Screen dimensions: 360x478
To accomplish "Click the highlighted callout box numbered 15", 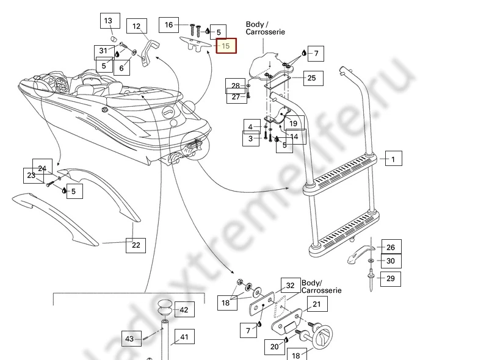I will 226,46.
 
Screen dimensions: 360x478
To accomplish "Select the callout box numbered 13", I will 108,21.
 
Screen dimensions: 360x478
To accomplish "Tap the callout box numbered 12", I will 137,26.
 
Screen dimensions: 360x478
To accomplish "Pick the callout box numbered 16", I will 168,25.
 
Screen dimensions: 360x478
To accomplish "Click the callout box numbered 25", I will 311,78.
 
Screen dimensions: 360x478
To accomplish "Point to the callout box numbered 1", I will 393,160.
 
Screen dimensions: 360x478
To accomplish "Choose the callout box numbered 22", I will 136,245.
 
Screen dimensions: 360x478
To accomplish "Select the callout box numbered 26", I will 391,248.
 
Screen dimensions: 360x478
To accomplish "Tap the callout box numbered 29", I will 391,279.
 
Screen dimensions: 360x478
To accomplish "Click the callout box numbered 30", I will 391,261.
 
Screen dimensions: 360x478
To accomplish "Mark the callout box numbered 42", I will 183,309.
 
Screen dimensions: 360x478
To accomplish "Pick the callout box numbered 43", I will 129,339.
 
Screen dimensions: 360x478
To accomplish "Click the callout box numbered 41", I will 184,337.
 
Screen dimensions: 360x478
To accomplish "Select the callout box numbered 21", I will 316,304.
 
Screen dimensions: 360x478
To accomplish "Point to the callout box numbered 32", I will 290,286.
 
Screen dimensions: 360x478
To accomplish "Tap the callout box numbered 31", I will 103,51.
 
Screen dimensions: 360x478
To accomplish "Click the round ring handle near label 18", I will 322,337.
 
